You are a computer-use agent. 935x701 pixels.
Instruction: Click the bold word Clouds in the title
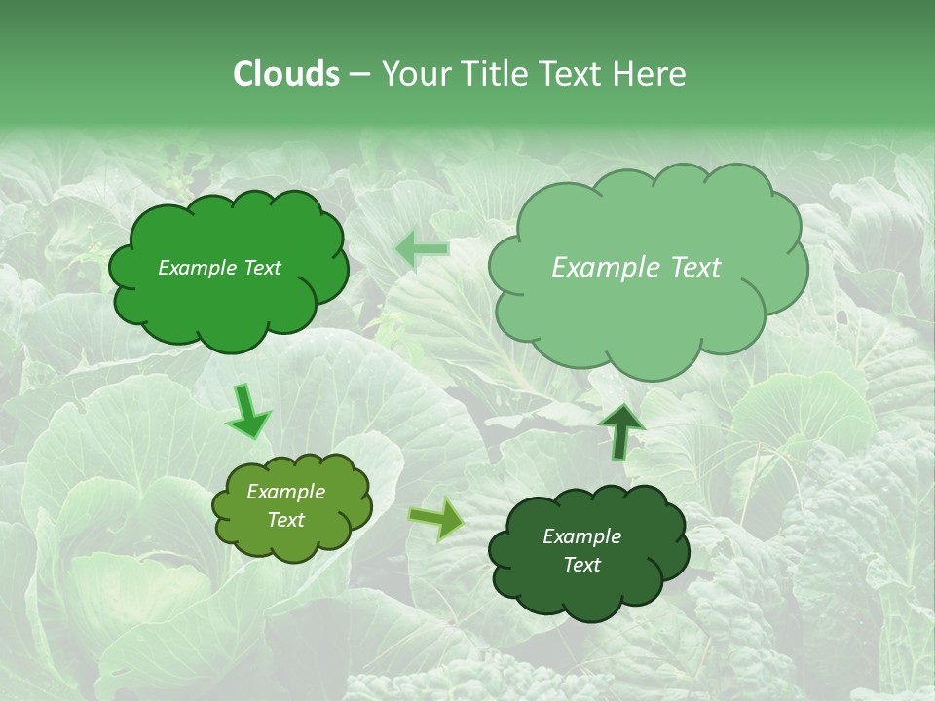point(285,74)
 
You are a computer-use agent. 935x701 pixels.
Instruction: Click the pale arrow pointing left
point(423,250)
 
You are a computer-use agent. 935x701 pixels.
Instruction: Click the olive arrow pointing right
point(437,519)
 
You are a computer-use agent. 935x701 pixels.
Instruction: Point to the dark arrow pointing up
point(620,430)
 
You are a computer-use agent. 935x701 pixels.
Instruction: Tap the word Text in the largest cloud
point(694,268)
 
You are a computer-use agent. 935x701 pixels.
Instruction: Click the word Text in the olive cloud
point(286,520)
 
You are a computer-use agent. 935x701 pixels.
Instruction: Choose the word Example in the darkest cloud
point(581,536)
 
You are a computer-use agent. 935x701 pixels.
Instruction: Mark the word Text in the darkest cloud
point(581,565)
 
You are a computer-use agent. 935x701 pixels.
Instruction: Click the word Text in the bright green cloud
point(262,268)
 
